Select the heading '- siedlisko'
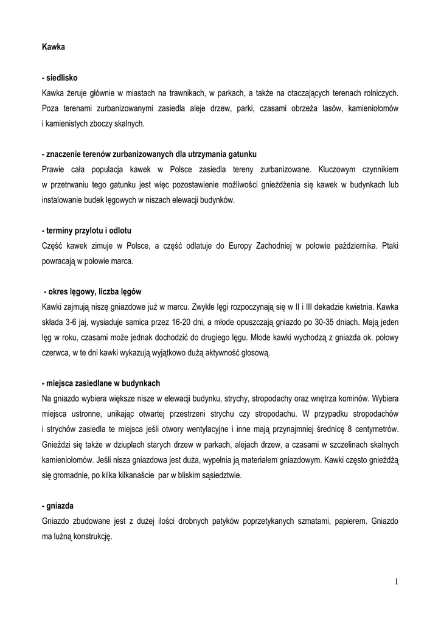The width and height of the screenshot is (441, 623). pyautogui.click(x=60, y=78)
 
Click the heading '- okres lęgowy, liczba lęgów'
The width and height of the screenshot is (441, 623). pyautogui.click(x=92, y=291)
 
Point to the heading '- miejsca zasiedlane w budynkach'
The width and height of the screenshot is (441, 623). pyautogui.click(x=101, y=383)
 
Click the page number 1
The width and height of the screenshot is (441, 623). pyautogui.click(x=396, y=582)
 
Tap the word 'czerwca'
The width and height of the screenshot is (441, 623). pyautogui.click(x=56, y=352)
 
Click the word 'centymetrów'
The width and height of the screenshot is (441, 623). pyautogui.click(x=376, y=429)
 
